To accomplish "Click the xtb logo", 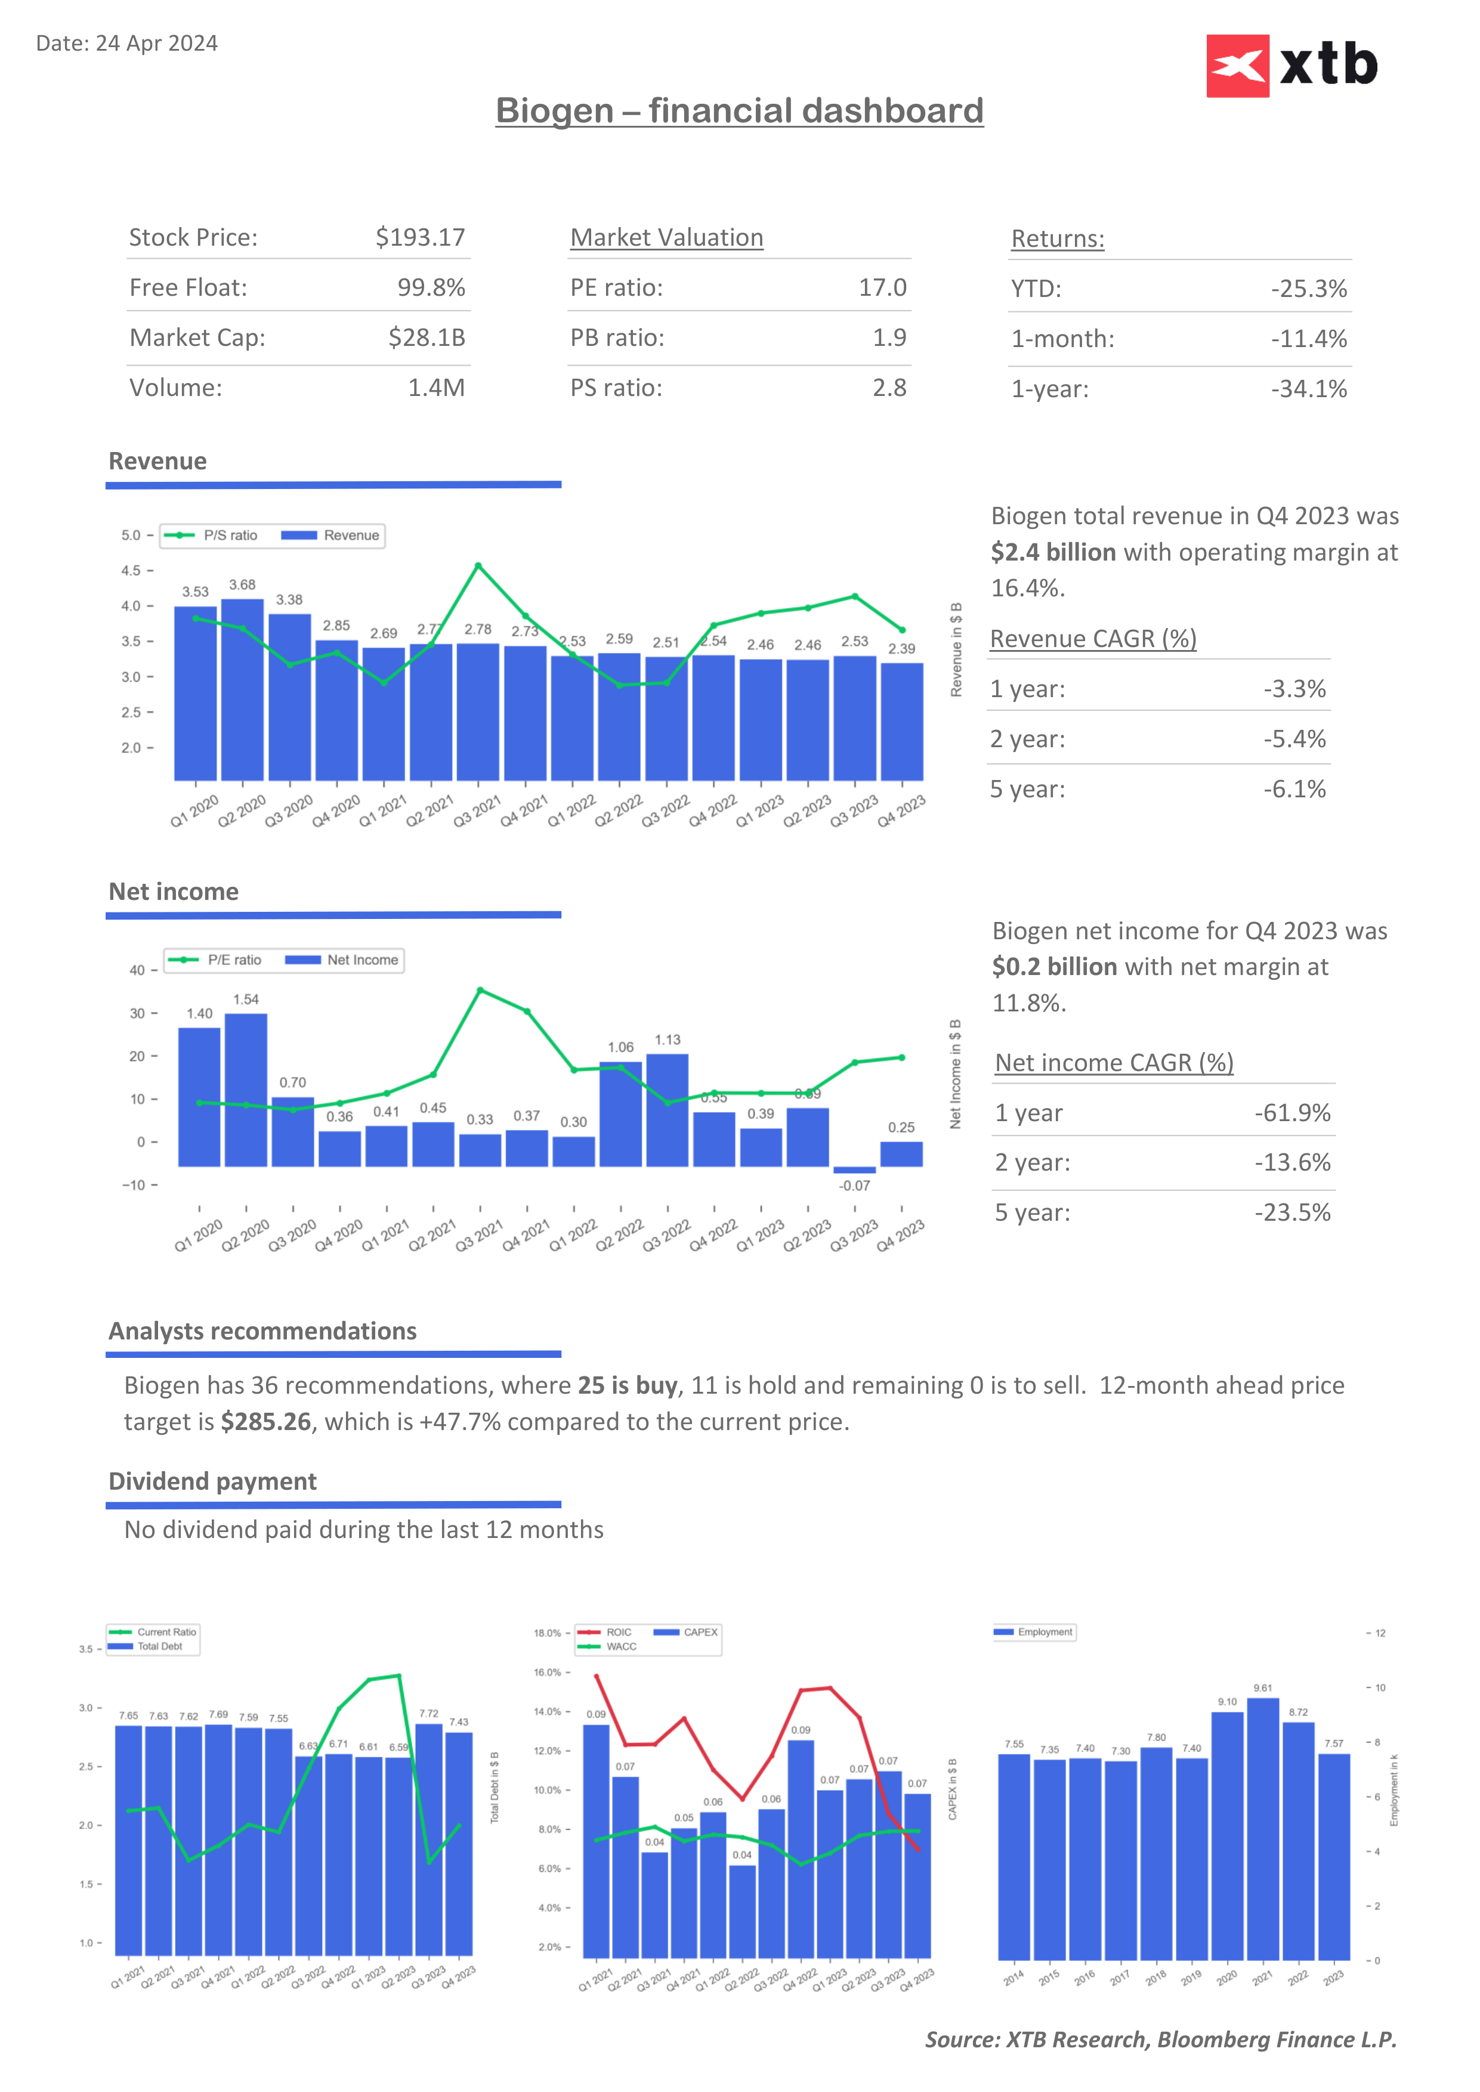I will [x=1291, y=66].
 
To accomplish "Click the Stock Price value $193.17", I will [x=420, y=238].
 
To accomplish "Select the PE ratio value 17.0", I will [x=882, y=288].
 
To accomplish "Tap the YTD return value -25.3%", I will [x=1309, y=289].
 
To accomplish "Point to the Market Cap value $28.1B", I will [x=427, y=338].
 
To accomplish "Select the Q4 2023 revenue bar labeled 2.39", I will [x=902, y=721].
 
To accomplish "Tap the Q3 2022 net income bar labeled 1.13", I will [x=667, y=1110].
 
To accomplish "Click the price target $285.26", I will [x=266, y=1422].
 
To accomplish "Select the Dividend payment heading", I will [x=212, y=1481].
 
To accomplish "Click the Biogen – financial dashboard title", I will [x=739, y=111].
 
